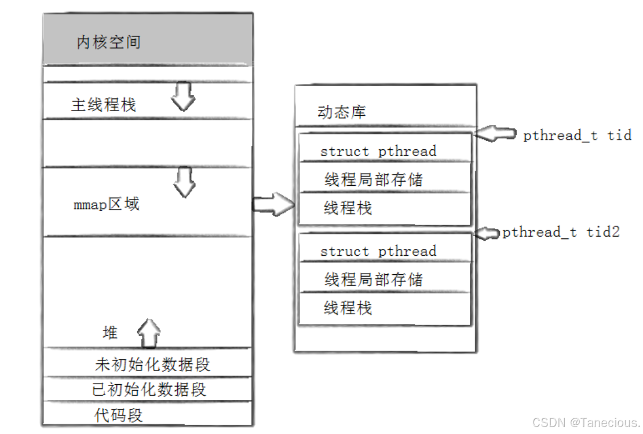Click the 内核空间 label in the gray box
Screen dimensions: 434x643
click(108, 42)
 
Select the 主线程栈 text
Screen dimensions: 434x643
click(103, 105)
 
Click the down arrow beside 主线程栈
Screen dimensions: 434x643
click(184, 97)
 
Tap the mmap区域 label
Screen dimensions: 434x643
click(107, 204)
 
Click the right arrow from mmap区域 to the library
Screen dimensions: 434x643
click(273, 204)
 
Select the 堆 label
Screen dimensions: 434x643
click(110, 333)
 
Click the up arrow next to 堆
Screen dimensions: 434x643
click(149, 333)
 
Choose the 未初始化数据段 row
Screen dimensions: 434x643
click(152, 365)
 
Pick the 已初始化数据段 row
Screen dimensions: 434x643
click(149, 389)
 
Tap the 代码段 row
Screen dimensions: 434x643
click(118, 415)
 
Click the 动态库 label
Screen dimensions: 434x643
click(341, 112)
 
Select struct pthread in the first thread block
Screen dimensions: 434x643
click(378, 152)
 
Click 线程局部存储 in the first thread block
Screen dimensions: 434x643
click(373, 179)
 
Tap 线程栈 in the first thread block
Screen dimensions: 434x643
click(348, 208)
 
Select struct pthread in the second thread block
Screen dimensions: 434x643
click(378, 252)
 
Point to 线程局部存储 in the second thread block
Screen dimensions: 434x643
click(373, 279)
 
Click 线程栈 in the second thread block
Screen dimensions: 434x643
click(348, 308)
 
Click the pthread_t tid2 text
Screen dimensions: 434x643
click(561, 233)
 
